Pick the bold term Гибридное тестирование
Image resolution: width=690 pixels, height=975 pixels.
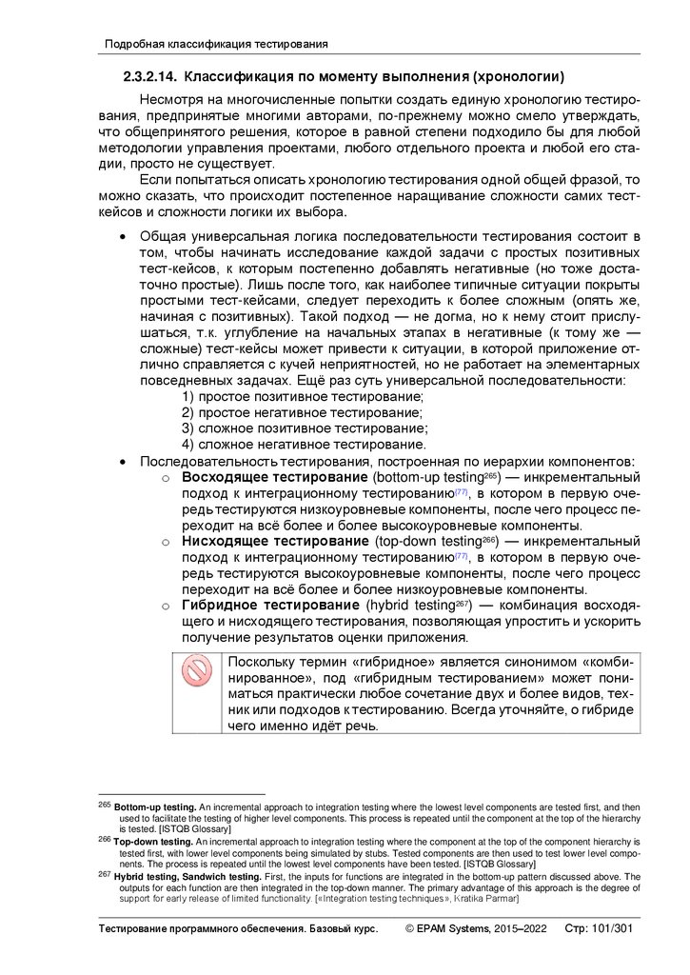(270, 606)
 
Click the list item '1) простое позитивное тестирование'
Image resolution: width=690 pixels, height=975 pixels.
(303, 396)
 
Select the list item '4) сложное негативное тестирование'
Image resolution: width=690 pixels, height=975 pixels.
(304, 445)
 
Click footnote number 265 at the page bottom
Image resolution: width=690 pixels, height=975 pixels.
(106, 805)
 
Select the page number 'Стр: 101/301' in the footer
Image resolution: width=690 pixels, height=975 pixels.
(599, 928)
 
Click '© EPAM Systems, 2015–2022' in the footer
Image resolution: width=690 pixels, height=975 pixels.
(476, 928)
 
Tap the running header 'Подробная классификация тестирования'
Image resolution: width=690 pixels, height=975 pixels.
(216, 44)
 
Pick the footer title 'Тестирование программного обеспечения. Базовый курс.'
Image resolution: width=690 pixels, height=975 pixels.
(239, 928)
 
